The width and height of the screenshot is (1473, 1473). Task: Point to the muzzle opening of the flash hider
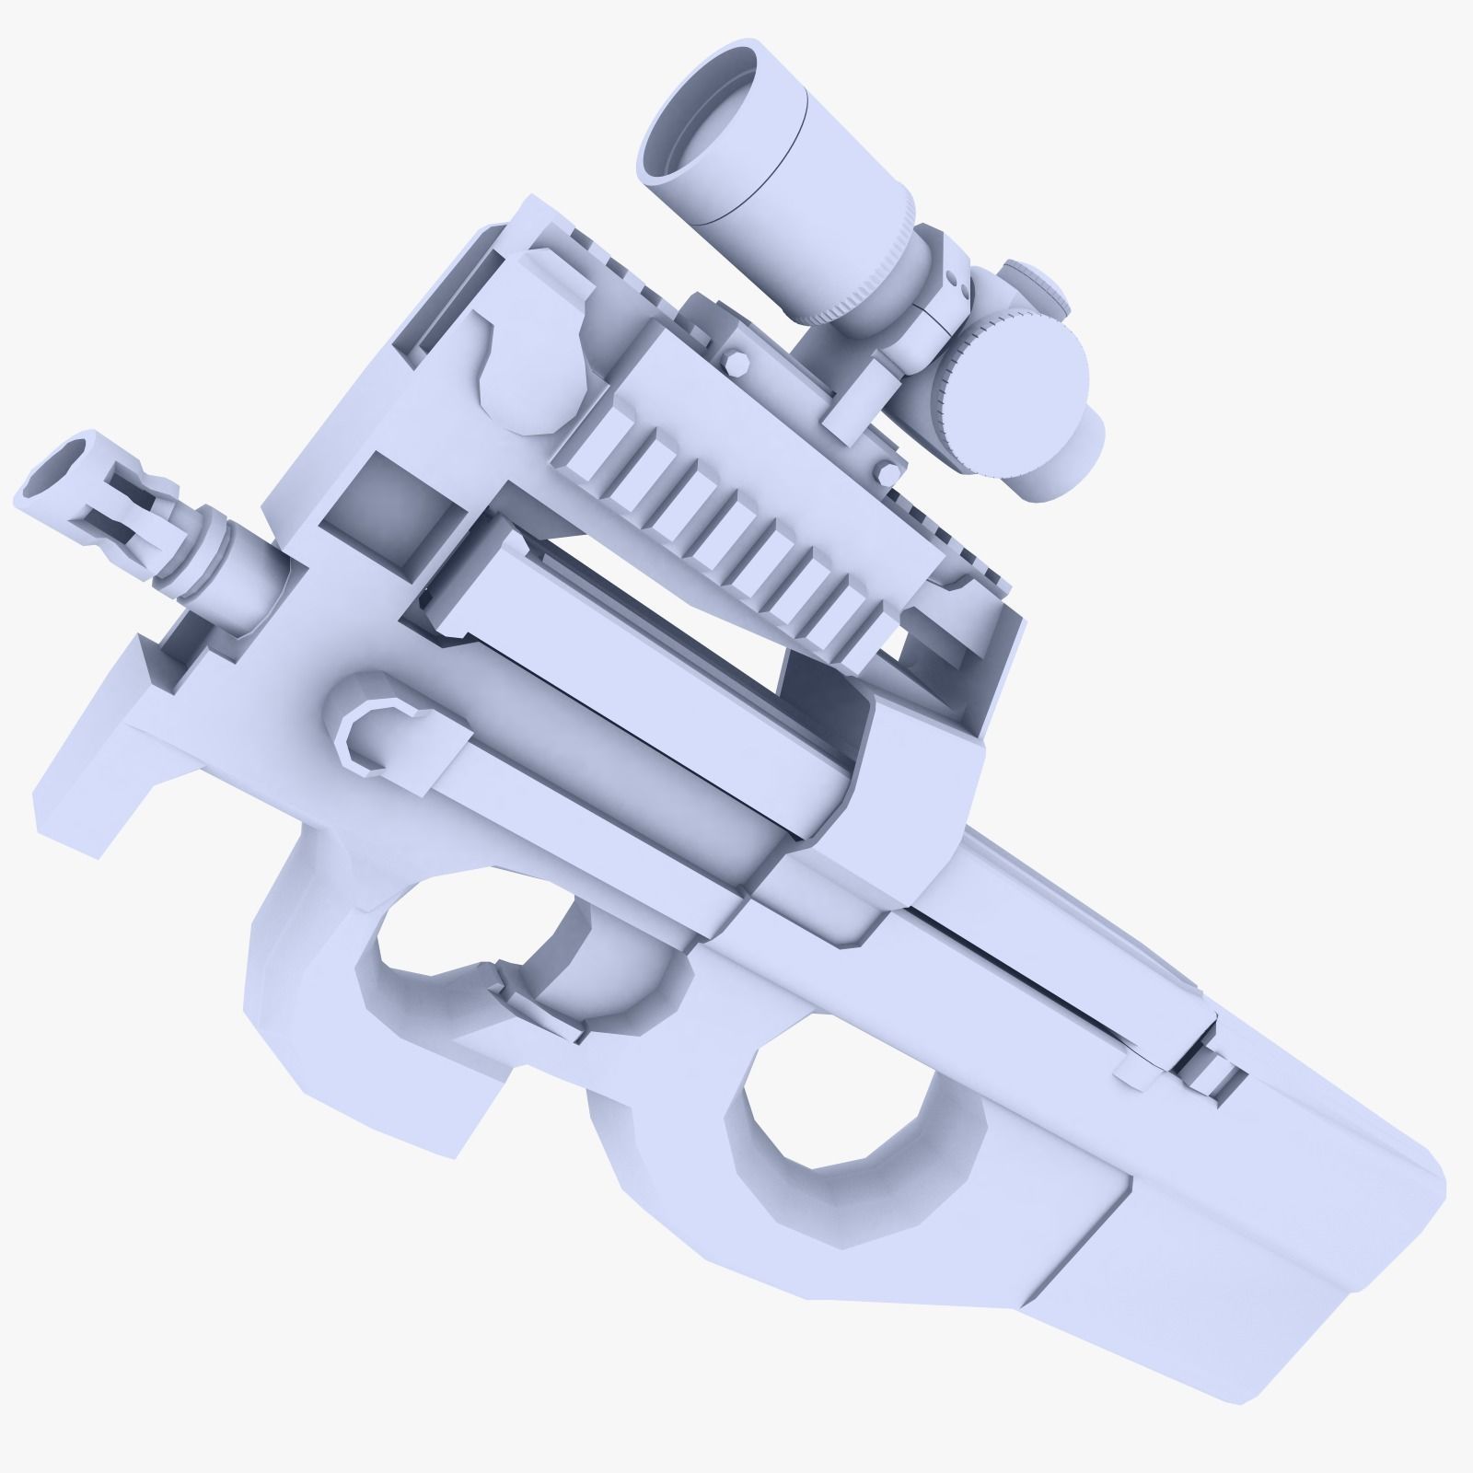tap(61, 466)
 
